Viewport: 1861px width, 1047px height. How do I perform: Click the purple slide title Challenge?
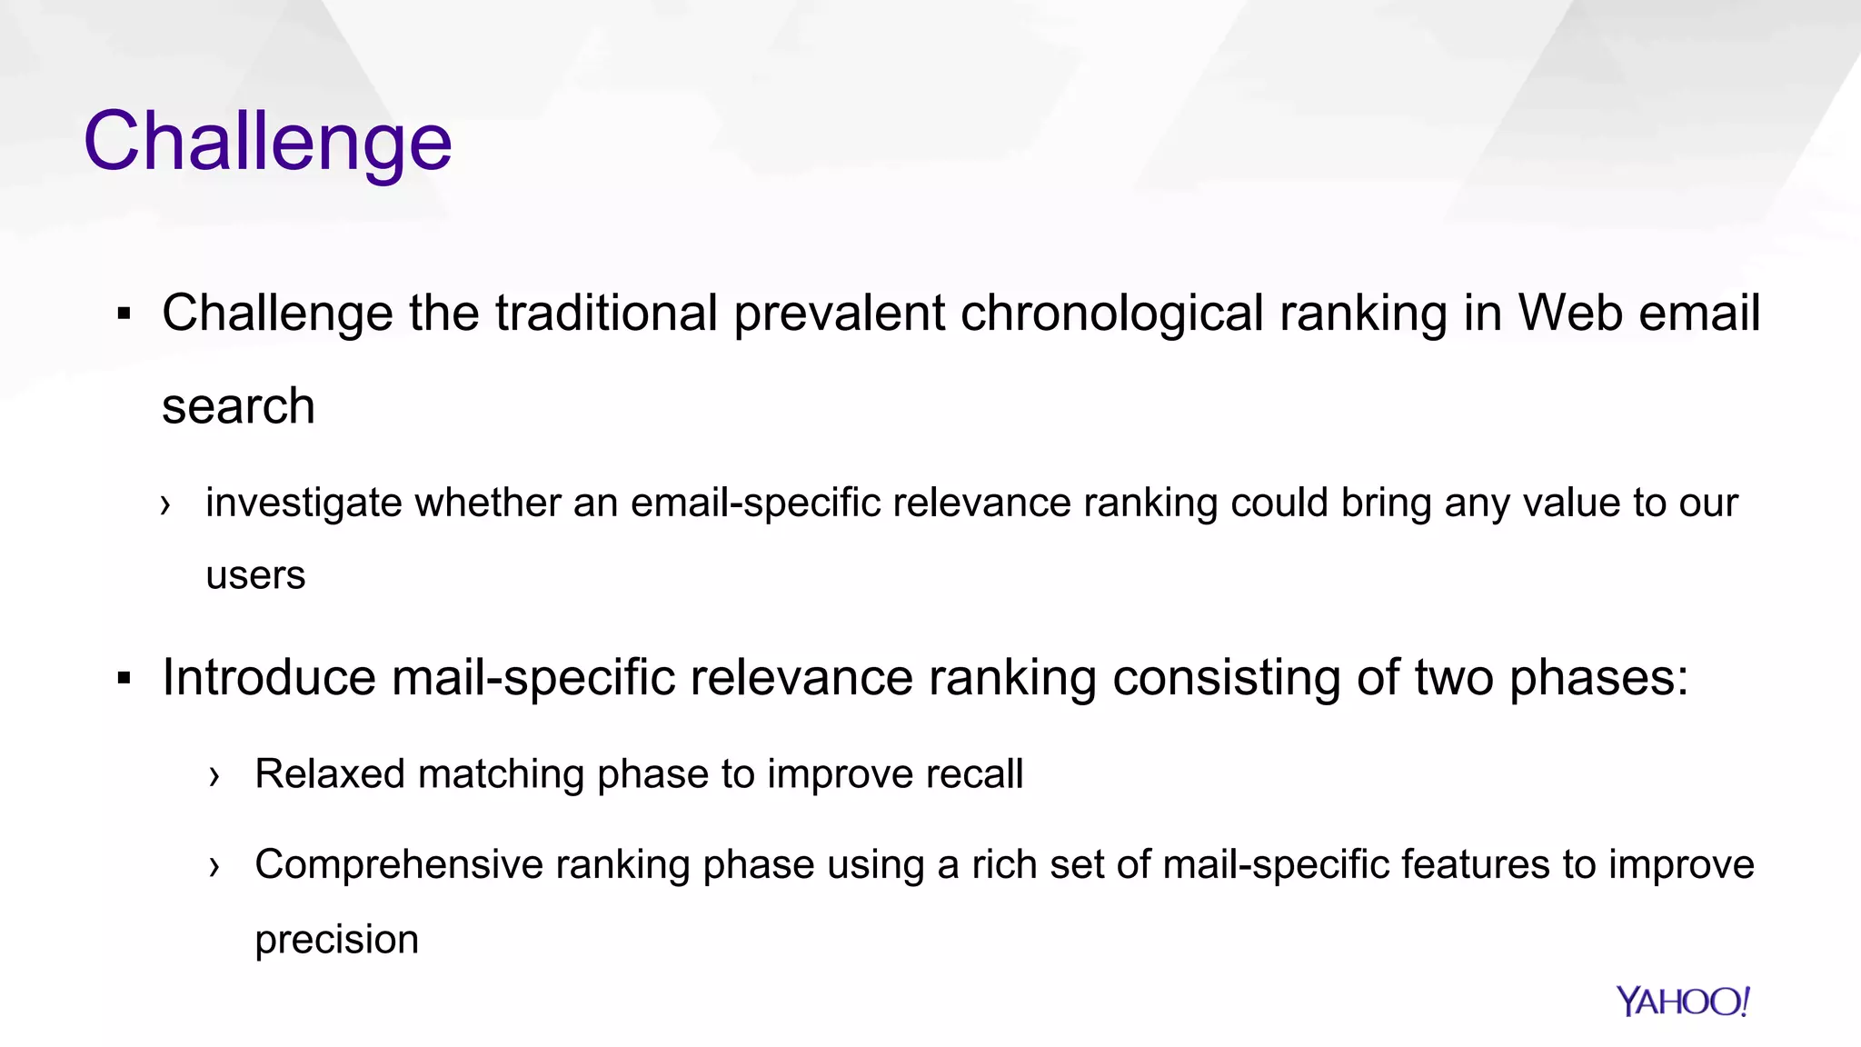click(x=267, y=141)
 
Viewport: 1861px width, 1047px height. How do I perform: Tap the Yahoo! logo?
click(x=1683, y=1002)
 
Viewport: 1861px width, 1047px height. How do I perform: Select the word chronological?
click(x=1112, y=314)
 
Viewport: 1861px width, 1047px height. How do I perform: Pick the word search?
click(x=238, y=406)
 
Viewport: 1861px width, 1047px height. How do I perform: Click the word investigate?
click(x=304, y=504)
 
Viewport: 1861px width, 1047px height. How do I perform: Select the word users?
click(x=255, y=576)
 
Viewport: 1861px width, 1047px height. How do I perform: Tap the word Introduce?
click(x=269, y=678)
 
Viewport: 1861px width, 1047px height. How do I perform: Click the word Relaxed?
click(x=329, y=774)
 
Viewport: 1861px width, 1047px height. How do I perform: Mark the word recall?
click(x=973, y=774)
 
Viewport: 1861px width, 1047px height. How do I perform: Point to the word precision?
click(x=336, y=940)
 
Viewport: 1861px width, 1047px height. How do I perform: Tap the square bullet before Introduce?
click(x=124, y=679)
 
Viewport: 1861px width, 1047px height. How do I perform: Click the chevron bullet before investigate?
click(x=164, y=504)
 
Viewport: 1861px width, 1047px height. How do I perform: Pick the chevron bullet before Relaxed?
click(x=214, y=776)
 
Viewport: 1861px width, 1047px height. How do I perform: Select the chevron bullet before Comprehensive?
click(x=214, y=866)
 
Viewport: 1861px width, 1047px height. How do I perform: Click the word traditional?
click(x=606, y=314)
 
